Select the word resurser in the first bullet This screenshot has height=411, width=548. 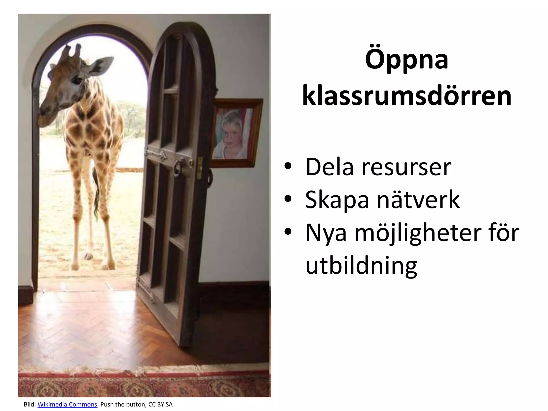(406, 167)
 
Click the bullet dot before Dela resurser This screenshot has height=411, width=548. (288, 166)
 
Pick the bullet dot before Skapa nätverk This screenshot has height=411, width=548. (288, 199)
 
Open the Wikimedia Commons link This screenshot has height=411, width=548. (67, 404)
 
